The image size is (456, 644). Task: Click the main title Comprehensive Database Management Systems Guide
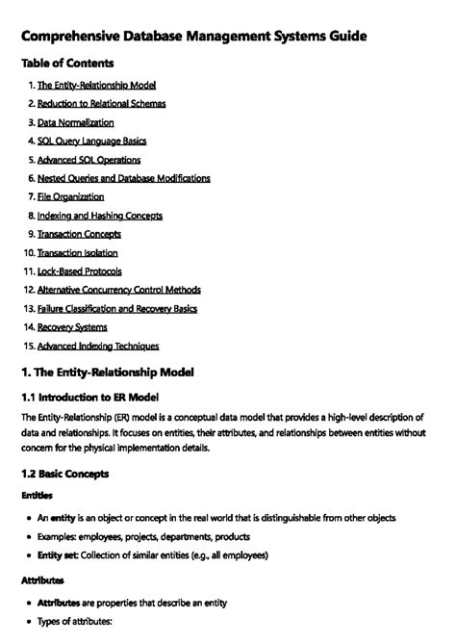pos(192,37)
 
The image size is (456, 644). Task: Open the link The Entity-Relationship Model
pos(96,86)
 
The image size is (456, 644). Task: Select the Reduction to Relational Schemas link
pos(101,104)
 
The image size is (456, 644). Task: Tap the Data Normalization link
pos(75,122)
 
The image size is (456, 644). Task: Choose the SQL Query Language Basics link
pos(91,142)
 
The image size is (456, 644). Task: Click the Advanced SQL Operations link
pos(89,160)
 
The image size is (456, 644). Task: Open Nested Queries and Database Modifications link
pos(123,178)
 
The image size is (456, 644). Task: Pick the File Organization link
pos(70,196)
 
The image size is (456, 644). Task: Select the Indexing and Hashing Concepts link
pos(99,216)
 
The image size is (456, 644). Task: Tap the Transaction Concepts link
pos(79,234)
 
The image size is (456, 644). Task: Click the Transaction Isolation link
pos(77,252)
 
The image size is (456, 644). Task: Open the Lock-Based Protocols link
pos(79,271)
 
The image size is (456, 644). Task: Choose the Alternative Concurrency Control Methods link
pos(118,290)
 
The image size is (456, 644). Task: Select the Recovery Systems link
pos(72,327)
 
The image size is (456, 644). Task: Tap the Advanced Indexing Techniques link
pos(98,346)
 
